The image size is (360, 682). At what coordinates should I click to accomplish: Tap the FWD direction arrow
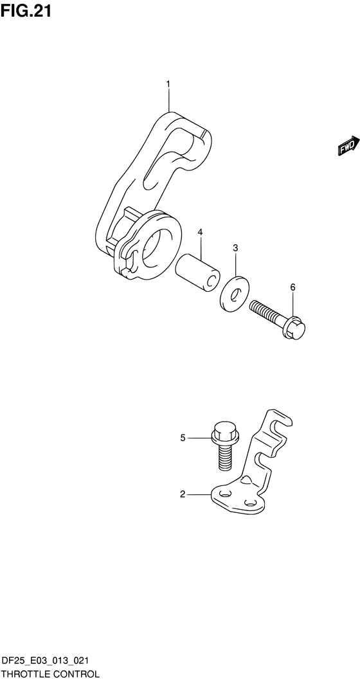click(348, 146)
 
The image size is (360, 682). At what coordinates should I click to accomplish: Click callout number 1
click(169, 84)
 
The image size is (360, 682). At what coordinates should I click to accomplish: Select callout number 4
click(200, 232)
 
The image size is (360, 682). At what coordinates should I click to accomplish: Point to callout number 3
click(235, 248)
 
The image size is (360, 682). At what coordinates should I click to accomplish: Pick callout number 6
click(292, 287)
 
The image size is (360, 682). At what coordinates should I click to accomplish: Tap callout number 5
click(183, 438)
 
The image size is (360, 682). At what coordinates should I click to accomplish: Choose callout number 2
click(183, 494)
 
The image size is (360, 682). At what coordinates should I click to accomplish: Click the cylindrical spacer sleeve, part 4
click(197, 273)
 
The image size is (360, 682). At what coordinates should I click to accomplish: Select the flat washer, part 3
click(234, 294)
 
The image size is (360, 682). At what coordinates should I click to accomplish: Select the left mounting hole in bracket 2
click(224, 494)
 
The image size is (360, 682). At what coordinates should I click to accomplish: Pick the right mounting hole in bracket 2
click(250, 503)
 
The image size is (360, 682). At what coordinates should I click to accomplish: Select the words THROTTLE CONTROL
click(50, 674)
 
